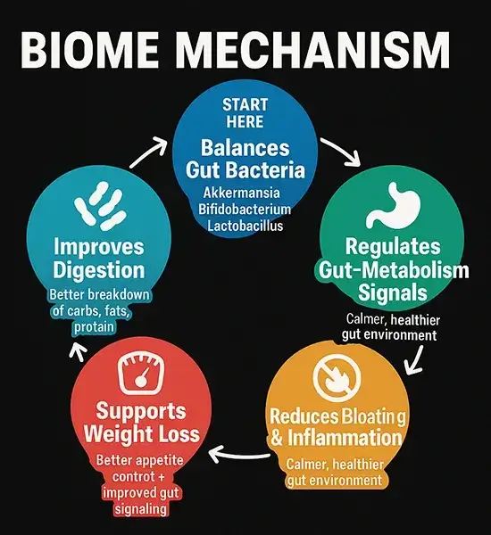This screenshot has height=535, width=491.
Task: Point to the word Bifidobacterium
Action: [245, 210]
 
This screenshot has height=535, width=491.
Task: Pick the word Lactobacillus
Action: [245, 226]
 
